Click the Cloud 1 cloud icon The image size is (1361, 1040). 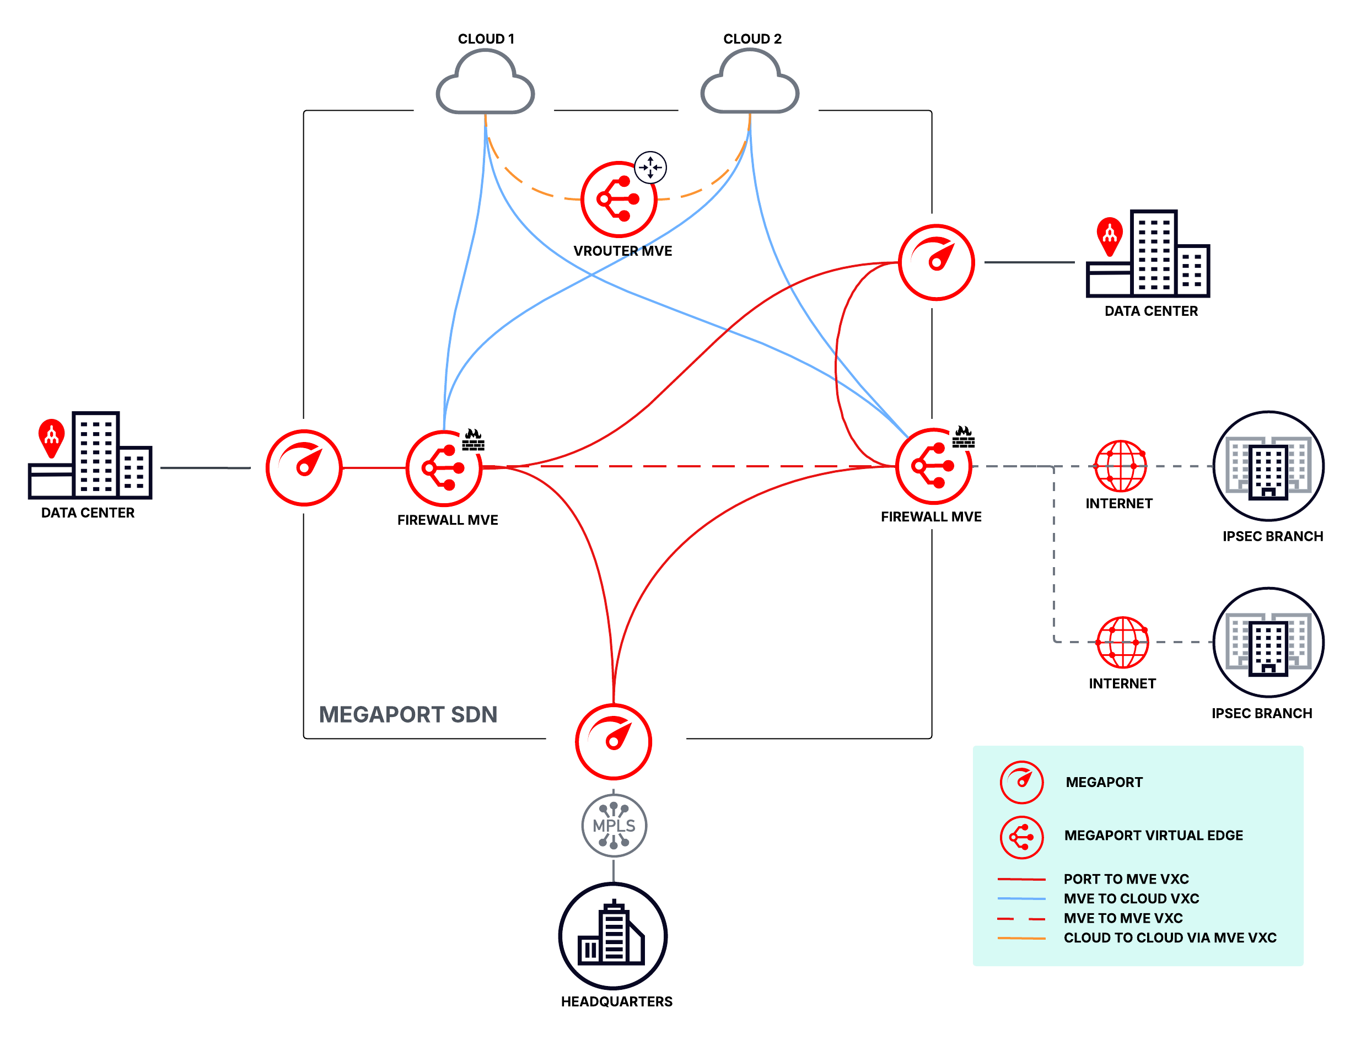[x=485, y=84]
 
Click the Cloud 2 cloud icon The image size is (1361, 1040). [x=749, y=84]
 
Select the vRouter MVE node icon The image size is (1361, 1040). [x=618, y=200]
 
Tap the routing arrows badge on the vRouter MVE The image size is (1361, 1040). [x=650, y=167]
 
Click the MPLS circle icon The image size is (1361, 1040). [x=614, y=825]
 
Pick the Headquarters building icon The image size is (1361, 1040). [x=613, y=935]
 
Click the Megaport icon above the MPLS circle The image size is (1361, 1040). [x=613, y=741]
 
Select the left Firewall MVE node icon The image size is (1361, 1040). [x=443, y=468]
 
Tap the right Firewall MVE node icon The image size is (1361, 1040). [x=933, y=466]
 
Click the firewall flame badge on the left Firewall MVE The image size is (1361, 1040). [x=473, y=439]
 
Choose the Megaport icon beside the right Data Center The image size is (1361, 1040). [x=936, y=262]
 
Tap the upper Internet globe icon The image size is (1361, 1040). [x=1120, y=466]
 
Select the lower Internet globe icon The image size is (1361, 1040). [x=1122, y=642]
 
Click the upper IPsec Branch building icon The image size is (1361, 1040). [x=1268, y=466]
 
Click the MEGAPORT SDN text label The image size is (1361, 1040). [x=407, y=714]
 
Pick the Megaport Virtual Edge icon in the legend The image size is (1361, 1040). [x=1021, y=837]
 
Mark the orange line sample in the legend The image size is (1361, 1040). [x=1021, y=939]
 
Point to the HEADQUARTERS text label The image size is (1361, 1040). [x=616, y=1001]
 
